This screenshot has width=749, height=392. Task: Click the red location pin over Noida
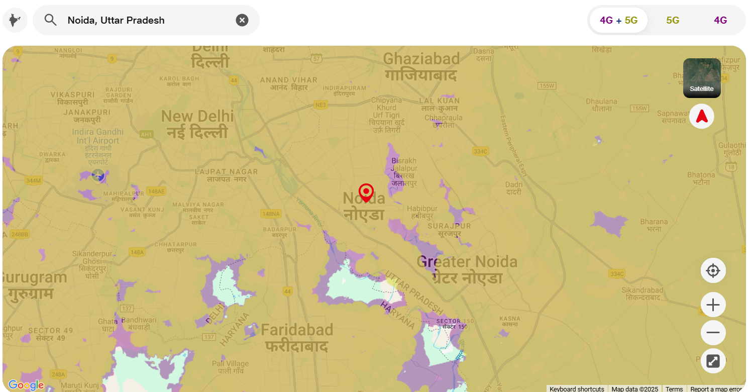(366, 192)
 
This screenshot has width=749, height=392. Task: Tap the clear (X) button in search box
(242, 20)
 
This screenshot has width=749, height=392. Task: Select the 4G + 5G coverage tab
(618, 20)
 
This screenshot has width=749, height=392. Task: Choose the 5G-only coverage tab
(673, 20)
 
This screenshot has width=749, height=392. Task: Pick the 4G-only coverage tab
(720, 20)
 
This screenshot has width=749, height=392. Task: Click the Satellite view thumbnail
(701, 78)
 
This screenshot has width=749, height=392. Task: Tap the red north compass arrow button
(701, 117)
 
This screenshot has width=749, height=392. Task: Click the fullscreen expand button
(713, 361)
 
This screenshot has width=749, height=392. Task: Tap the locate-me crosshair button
(713, 271)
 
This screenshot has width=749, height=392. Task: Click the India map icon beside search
(15, 20)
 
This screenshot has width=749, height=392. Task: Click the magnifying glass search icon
(50, 20)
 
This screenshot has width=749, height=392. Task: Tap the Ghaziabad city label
(421, 66)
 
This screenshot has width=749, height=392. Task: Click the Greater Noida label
(467, 269)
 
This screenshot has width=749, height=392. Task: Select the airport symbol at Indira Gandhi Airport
(98, 175)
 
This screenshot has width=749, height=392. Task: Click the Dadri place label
(514, 188)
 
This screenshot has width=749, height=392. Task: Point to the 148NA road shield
(270, 214)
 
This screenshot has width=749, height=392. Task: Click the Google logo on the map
(26, 385)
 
